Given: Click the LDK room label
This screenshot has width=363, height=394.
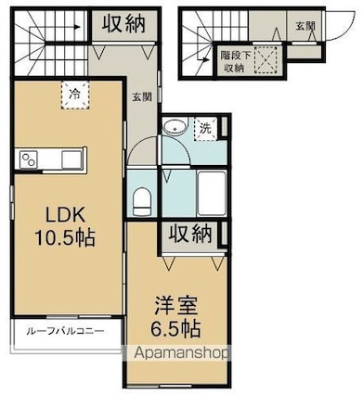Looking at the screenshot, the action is pos(65,214).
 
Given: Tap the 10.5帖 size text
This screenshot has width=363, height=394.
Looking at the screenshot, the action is pos(65,238).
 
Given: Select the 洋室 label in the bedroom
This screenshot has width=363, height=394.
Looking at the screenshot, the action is pos(175,306).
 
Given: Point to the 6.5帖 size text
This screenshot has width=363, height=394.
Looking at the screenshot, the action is pos(175,328).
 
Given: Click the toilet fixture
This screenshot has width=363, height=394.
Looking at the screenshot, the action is pos(142,201).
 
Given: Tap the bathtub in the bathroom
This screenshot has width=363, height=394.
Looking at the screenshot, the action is pos(212,193).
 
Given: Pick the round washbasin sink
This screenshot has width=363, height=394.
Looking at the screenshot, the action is pos(175,127).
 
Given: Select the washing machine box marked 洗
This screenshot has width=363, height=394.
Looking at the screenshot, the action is pos(205,129).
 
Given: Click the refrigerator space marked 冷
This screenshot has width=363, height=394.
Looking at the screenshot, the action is pos(75,95).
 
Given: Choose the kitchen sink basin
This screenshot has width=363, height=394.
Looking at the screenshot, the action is pos(71,159).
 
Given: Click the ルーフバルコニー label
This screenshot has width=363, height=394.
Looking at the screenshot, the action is pos(65,332).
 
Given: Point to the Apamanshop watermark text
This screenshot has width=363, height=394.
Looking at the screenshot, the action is pos(181,353).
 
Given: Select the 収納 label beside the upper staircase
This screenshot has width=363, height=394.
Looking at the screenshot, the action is pos(123,24).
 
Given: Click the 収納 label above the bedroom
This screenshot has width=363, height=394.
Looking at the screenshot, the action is pos(190,234).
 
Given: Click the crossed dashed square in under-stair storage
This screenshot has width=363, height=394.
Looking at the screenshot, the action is pos(266,59).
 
